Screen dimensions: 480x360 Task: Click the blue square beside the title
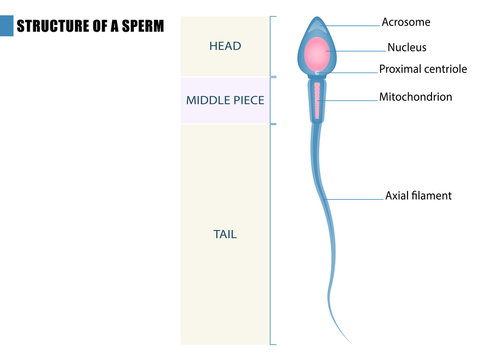(x=7, y=26)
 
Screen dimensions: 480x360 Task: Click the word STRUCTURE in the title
(x=50, y=26)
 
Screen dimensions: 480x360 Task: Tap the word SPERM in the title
(x=141, y=26)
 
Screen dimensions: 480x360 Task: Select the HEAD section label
(x=225, y=46)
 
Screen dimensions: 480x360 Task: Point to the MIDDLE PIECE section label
(x=225, y=100)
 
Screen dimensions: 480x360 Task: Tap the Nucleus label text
(x=407, y=46)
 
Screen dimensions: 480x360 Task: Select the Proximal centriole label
(x=423, y=69)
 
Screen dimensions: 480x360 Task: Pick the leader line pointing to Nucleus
(x=360, y=48)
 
